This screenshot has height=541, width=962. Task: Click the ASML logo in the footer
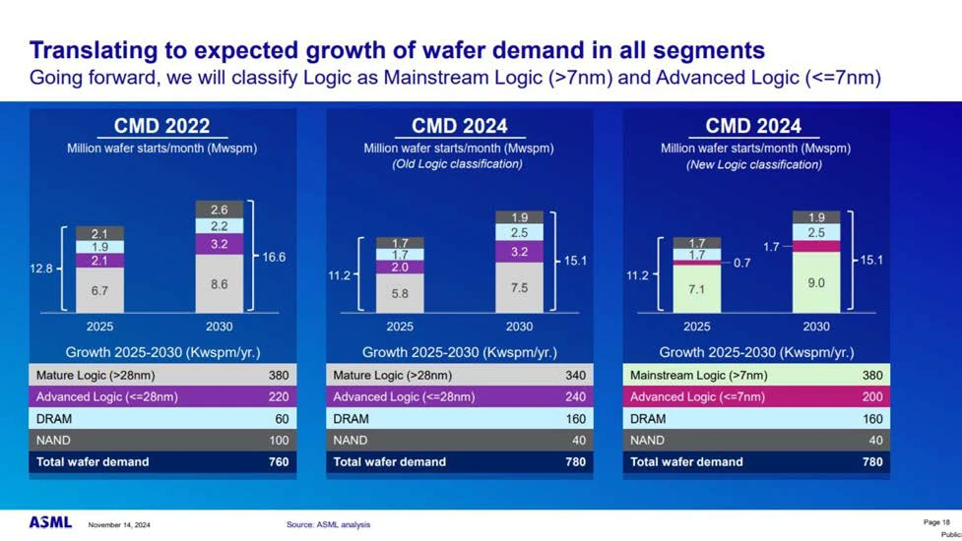point(50,522)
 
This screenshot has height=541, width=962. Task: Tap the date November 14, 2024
point(119,525)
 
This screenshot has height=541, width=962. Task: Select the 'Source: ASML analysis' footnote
point(328,524)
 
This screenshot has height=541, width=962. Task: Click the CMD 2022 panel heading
point(161,126)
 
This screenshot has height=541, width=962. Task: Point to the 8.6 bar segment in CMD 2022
point(219,283)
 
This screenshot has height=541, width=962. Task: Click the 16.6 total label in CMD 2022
point(274,258)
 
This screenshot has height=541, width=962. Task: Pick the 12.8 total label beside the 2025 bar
point(41,269)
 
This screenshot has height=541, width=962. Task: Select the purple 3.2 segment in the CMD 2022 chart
point(219,245)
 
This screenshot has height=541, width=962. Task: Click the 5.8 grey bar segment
point(400,293)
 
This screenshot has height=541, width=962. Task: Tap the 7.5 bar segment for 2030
point(519,287)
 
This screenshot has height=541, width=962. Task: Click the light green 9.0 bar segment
point(816,282)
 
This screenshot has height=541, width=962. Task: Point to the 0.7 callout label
point(741,263)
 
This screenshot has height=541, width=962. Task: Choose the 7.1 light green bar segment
point(696,288)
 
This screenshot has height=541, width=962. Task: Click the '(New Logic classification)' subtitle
point(754,165)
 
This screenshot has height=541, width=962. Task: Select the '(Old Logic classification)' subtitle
point(458,164)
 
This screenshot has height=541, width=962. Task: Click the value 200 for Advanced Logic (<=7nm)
point(872,397)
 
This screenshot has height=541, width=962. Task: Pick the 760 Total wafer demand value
point(279,462)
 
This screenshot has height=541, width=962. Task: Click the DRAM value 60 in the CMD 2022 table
point(282,419)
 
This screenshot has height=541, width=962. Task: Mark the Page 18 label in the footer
point(936,522)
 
